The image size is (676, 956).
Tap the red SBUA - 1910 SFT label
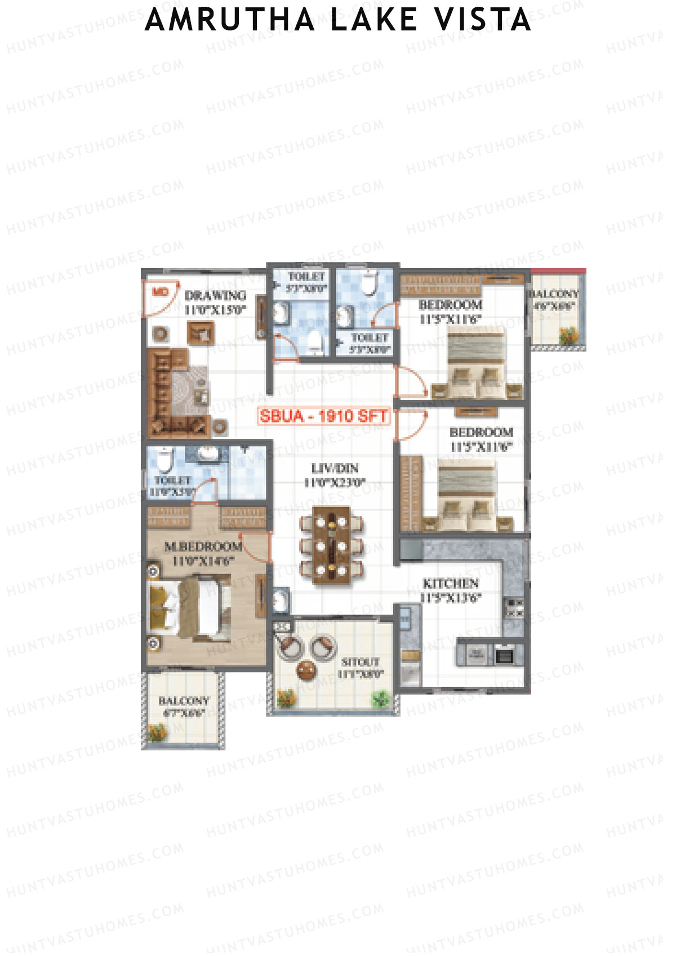pyautogui.click(x=323, y=416)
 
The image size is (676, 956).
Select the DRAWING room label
pyautogui.click(x=215, y=295)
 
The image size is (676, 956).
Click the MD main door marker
pyautogui.click(x=161, y=291)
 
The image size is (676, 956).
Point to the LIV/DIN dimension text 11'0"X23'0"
pyautogui.click(x=335, y=482)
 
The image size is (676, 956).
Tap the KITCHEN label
pyautogui.click(x=451, y=583)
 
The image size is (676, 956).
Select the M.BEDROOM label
pyautogui.click(x=203, y=546)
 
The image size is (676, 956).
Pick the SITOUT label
pyautogui.click(x=361, y=662)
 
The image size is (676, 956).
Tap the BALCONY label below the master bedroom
pyautogui.click(x=184, y=701)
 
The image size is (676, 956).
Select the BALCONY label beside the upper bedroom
pyautogui.click(x=553, y=294)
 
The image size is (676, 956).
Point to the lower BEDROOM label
pyautogui.click(x=481, y=432)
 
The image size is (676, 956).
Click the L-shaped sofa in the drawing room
pyautogui.click(x=163, y=394)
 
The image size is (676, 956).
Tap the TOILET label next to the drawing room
pyautogui.click(x=306, y=277)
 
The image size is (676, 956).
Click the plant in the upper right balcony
pyautogui.click(x=568, y=336)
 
